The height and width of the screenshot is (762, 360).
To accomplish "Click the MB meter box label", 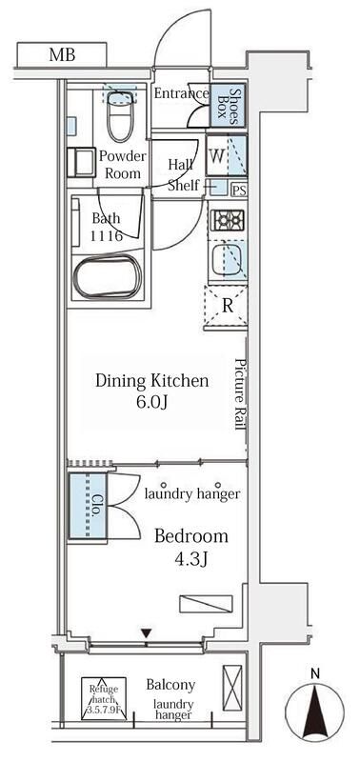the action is [62, 54].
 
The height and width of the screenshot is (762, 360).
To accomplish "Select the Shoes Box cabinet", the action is [229, 106].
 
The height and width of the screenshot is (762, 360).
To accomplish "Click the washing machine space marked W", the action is [227, 155].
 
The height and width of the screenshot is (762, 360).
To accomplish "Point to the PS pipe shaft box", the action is [238, 190].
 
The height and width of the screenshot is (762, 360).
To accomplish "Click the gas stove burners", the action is [228, 221].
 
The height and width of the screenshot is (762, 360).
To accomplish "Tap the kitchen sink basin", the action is [230, 260].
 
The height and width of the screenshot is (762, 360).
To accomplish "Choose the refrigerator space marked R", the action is [226, 307].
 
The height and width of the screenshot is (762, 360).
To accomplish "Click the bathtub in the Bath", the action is [108, 276].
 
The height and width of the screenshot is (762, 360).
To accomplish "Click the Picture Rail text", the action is [241, 394].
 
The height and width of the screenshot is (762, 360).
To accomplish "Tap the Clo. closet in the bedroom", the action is [88, 506].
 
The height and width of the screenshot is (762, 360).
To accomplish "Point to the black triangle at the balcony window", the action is [147, 633].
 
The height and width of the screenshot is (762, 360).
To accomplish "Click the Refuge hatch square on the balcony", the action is [104, 698].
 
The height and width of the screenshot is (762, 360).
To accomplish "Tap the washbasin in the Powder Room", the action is [81, 163].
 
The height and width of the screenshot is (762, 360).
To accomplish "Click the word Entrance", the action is [181, 93].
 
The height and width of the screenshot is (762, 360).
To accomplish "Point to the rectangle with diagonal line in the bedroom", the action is [206, 604].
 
